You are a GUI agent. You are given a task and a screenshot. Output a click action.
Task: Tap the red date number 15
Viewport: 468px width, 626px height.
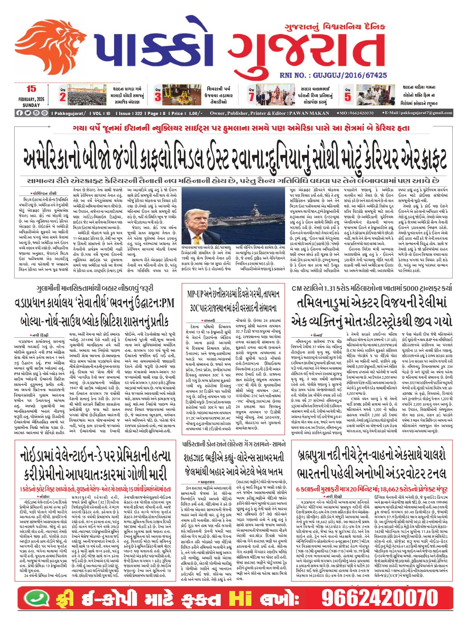pos(31,89)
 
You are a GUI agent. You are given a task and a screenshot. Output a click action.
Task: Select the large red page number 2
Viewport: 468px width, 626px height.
pos(63,97)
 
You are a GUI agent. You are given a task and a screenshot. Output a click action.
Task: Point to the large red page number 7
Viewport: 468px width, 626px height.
pos(251,97)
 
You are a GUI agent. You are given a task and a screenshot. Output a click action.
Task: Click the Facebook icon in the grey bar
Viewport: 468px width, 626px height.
pos(19,113)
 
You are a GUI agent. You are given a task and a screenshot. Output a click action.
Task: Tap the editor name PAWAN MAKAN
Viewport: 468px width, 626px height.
pos(309,113)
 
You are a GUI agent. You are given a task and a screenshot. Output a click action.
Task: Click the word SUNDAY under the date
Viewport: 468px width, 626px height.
pos(31,105)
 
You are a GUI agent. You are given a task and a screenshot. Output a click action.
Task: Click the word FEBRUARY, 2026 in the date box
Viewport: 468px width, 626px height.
pos(31,99)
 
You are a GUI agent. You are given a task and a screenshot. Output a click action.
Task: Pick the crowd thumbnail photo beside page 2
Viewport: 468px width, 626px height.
pos(86,95)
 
